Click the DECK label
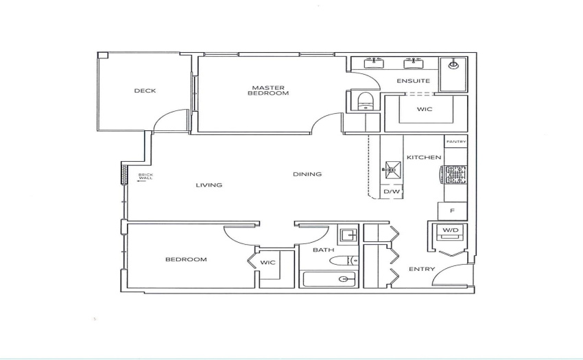(145, 91)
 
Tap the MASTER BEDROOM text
(268, 91)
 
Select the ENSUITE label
(413, 81)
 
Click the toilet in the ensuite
(366, 101)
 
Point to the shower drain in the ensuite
(453, 65)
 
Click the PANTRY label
(456, 142)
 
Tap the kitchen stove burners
(454, 174)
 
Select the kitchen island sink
(392, 170)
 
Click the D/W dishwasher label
(392, 191)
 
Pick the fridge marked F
(453, 211)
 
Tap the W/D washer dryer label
(450, 230)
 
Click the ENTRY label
(422, 269)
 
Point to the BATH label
(323, 250)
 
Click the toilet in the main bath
(344, 261)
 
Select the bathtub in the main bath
(329, 279)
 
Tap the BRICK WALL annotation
(145, 176)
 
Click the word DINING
(307, 174)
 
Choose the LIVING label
(209, 185)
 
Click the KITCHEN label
(424, 157)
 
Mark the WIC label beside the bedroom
(267, 263)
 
